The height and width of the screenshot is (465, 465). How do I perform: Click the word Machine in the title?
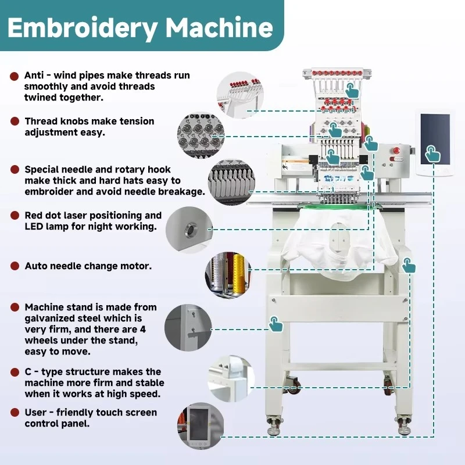pyautogui.click(x=219, y=27)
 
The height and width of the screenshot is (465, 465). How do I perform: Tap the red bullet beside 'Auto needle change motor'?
pyautogui.click(x=15, y=266)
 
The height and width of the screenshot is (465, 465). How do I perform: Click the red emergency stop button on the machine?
pyautogui.click(x=396, y=151)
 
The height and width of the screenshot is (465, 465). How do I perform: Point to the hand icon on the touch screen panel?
pyautogui.click(x=432, y=153)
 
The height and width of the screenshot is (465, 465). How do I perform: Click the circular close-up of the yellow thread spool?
pyautogui.click(x=228, y=274)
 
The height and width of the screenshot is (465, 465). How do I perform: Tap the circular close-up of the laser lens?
pyautogui.click(x=189, y=230)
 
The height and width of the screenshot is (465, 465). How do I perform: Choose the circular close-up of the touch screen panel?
pyautogui.click(x=201, y=426)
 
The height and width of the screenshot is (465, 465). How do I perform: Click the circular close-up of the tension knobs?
pyautogui.click(x=201, y=135)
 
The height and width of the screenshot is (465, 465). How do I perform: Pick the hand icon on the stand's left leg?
pyautogui.click(x=276, y=324)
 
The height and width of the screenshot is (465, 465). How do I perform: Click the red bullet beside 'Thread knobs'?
pyautogui.click(x=15, y=121)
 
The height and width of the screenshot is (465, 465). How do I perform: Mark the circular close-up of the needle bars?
pyautogui.click(x=231, y=183)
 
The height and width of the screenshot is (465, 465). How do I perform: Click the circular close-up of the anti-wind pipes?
pyautogui.click(x=240, y=95)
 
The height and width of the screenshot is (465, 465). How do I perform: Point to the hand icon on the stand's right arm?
pyautogui.click(x=409, y=265)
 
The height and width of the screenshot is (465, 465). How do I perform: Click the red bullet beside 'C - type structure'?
pyautogui.click(x=15, y=372)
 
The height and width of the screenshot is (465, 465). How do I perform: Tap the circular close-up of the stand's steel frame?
pyautogui.click(x=188, y=327)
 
